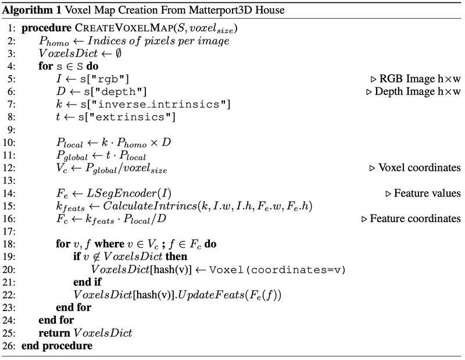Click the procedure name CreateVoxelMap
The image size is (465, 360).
124,28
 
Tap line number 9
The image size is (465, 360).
11,130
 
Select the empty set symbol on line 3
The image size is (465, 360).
118,54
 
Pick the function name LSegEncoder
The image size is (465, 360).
124,194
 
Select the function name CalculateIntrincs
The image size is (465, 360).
150,206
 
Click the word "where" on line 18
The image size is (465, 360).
109,244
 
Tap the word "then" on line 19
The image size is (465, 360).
176,256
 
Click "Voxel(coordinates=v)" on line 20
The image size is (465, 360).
277,270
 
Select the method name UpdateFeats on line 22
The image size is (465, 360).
211,295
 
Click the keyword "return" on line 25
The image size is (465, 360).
54,333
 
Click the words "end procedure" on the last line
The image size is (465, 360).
57,346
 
